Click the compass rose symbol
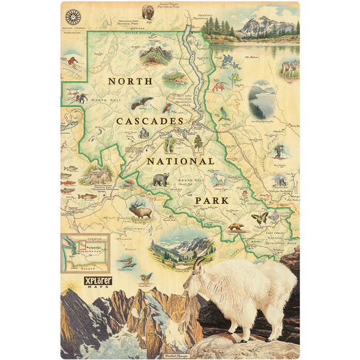click(x=74, y=17)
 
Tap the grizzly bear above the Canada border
click(x=148, y=11)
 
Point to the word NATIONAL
click(x=180, y=161)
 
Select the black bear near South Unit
click(x=160, y=179)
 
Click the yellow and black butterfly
click(x=260, y=218)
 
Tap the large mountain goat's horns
click(x=199, y=264)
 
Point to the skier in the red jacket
click(x=73, y=62)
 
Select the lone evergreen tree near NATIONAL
click(x=198, y=142)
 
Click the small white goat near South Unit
click(x=220, y=179)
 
